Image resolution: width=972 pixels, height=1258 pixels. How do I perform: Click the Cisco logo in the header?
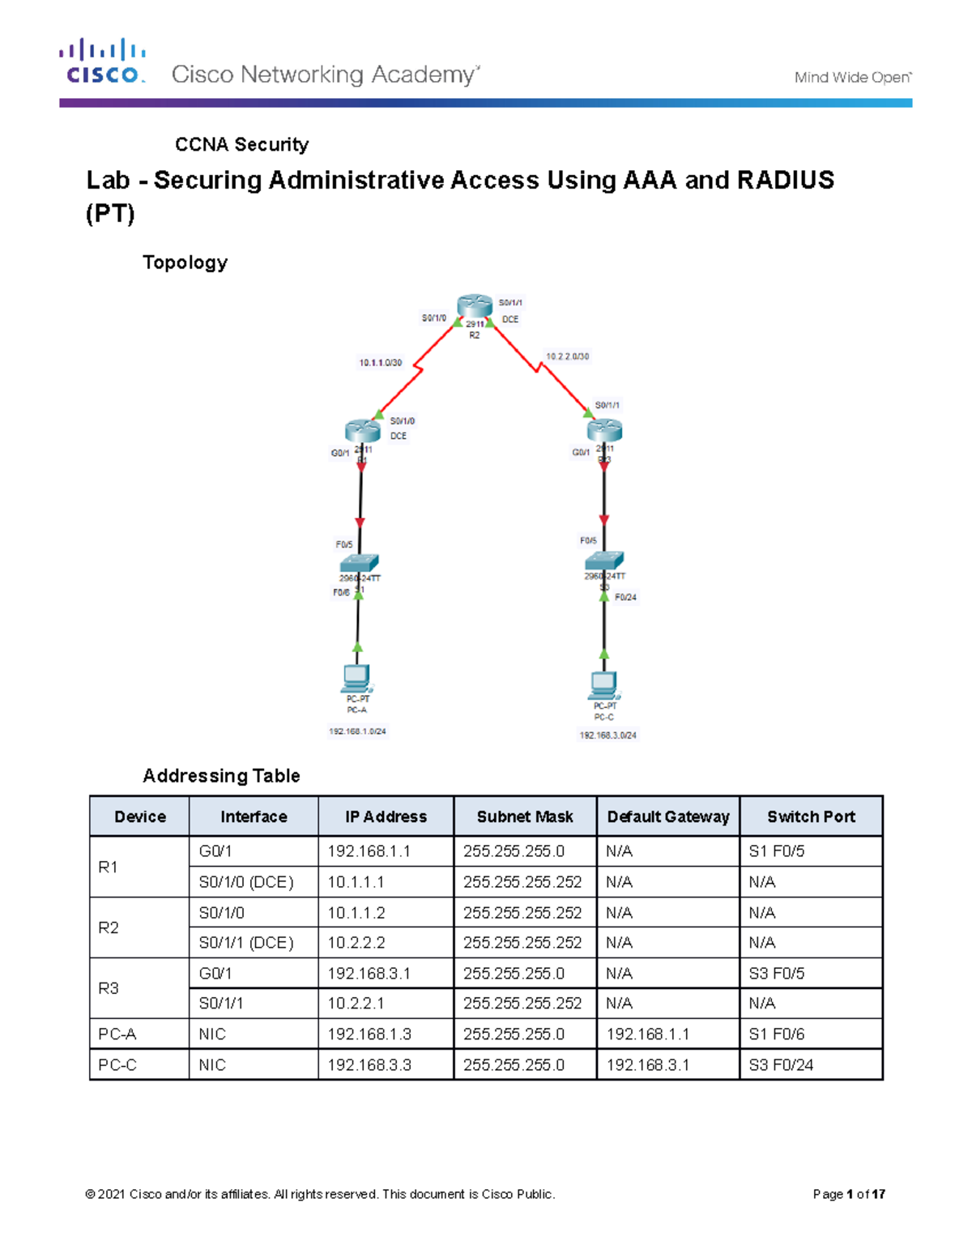pyautogui.click(x=102, y=62)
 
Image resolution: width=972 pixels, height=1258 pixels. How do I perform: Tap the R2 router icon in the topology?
pyautogui.click(x=474, y=307)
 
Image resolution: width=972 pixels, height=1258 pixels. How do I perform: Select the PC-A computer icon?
pyautogui.click(x=356, y=678)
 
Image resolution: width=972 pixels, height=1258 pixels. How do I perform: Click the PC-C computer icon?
pyautogui.click(x=603, y=685)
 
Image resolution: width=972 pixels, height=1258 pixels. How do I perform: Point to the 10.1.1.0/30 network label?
pyautogui.click(x=381, y=363)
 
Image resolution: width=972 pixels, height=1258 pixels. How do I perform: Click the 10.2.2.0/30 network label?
pyautogui.click(x=567, y=356)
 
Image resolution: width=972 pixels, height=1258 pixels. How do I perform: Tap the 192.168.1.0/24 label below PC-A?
pyautogui.click(x=357, y=731)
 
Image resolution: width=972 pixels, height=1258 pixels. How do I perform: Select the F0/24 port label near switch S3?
pyautogui.click(x=625, y=598)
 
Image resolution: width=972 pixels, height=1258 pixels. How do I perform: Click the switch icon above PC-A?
pyautogui.click(x=359, y=563)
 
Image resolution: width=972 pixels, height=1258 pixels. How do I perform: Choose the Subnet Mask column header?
pyautogui.click(x=525, y=817)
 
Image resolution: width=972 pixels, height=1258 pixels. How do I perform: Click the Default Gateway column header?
pyautogui.click(x=668, y=817)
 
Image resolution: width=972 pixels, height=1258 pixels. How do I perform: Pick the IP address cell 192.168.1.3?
pyautogui.click(x=369, y=1034)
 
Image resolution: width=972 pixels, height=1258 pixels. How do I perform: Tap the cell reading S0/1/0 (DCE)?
pyautogui.click(x=246, y=882)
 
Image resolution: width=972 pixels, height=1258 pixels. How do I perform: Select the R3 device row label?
pyautogui.click(x=109, y=988)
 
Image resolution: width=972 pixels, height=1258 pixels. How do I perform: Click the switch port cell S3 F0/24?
pyautogui.click(x=781, y=1065)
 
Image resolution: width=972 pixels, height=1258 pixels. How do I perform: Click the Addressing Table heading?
pyautogui.click(x=221, y=776)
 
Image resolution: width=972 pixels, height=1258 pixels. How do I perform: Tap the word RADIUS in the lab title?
pyautogui.click(x=785, y=180)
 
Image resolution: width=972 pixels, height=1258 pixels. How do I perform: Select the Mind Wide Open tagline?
pyautogui.click(x=852, y=78)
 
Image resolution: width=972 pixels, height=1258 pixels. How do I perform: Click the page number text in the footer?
pyautogui.click(x=849, y=1194)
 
